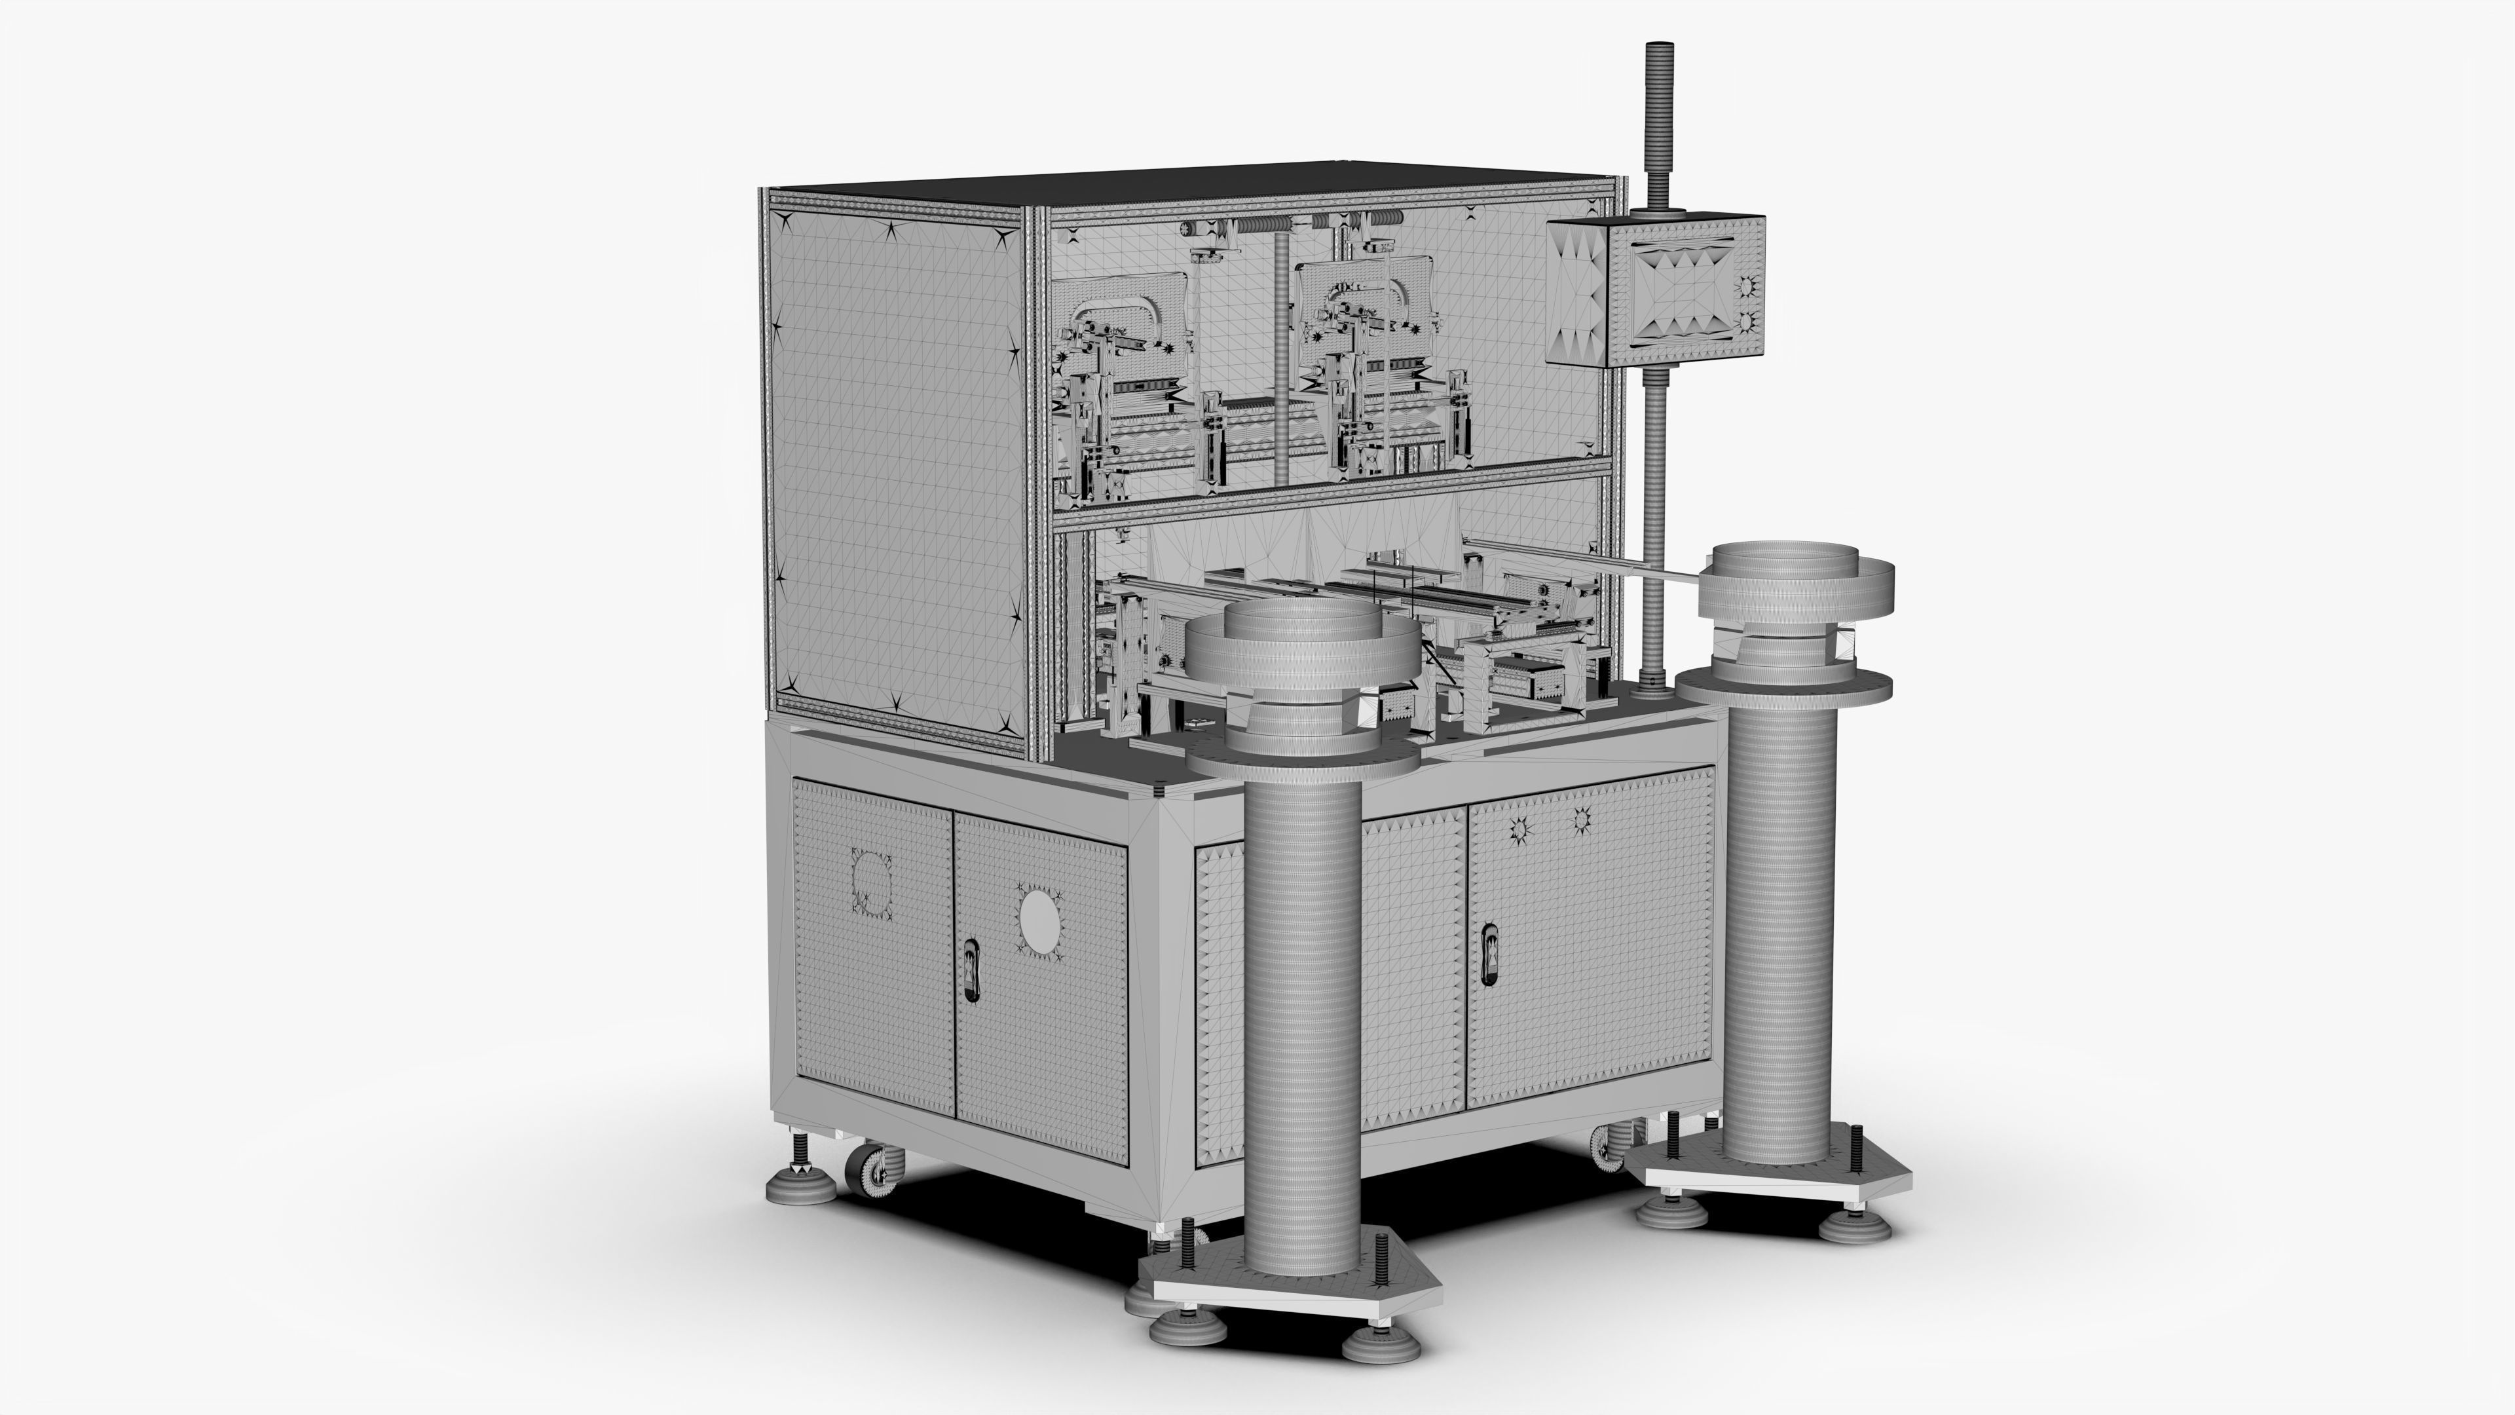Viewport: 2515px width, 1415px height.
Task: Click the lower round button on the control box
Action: coord(1747,321)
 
